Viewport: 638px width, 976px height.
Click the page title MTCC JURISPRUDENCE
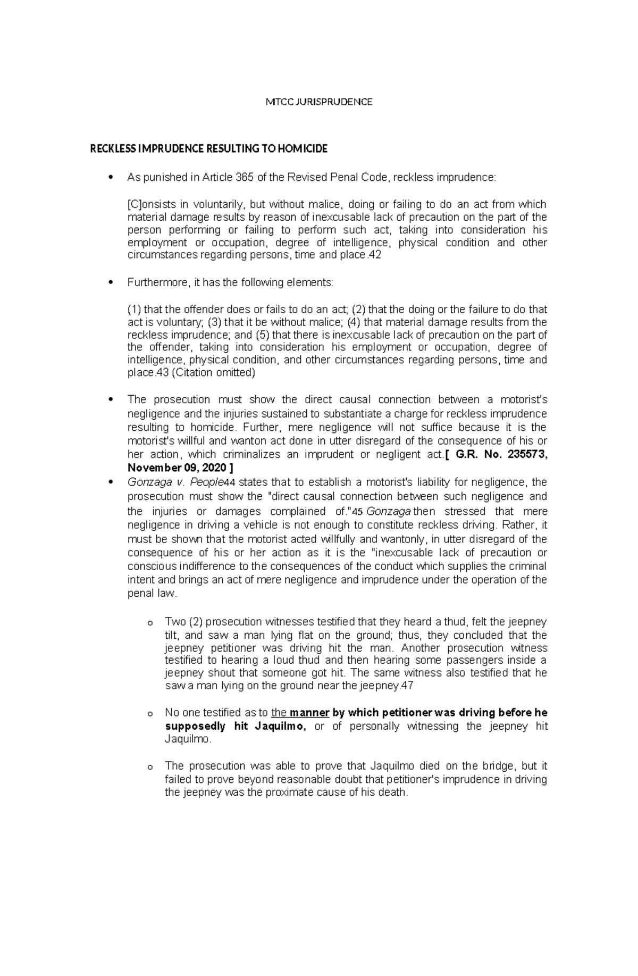click(319, 102)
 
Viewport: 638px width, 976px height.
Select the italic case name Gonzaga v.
click(154, 482)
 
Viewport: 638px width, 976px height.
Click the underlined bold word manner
click(309, 713)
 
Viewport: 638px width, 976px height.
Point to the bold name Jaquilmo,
click(281, 727)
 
